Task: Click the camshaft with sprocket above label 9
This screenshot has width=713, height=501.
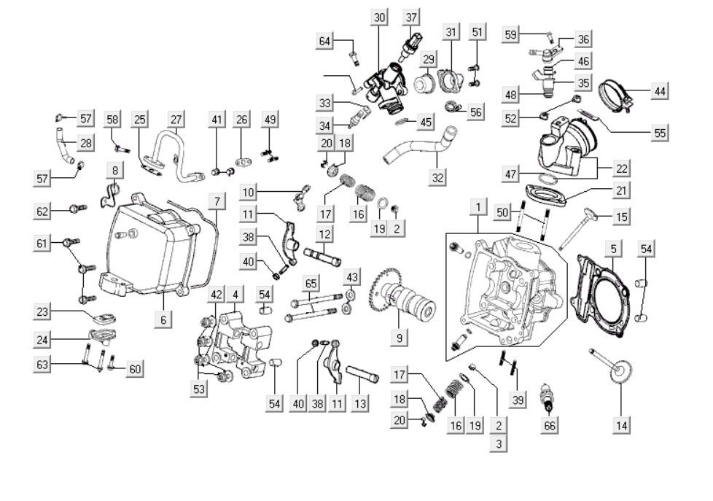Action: (x=398, y=299)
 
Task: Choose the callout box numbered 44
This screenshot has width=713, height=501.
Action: (x=660, y=91)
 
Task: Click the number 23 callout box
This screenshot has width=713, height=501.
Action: (x=43, y=311)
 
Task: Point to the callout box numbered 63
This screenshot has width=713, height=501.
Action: (x=43, y=363)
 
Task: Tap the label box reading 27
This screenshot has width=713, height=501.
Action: (x=176, y=119)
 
